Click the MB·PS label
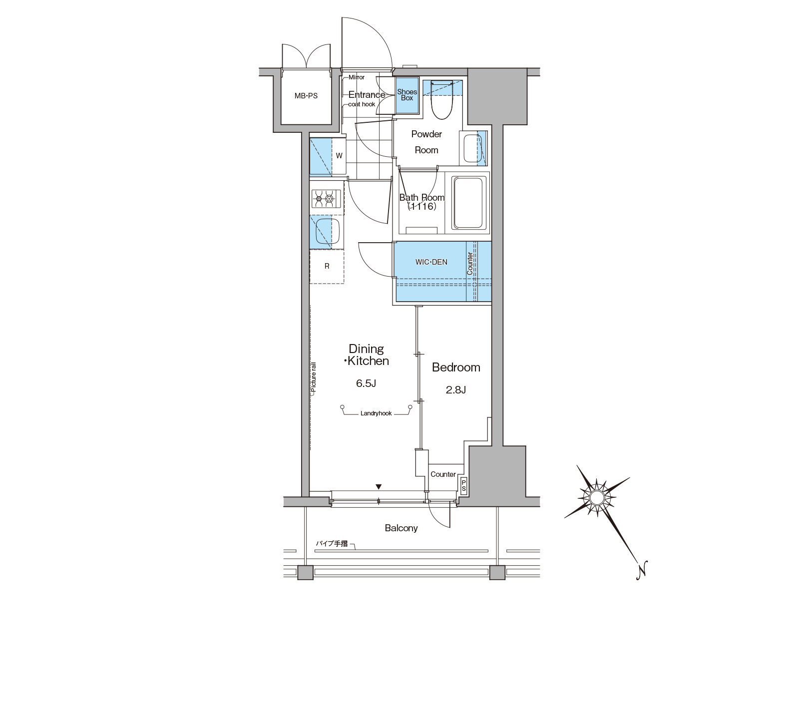(x=306, y=96)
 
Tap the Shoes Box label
(x=407, y=95)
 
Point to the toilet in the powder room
(x=441, y=99)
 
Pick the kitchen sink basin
(x=328, y=231)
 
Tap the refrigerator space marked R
(x=327, y=267)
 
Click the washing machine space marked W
(x=339, y=156)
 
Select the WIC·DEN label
(x=431, y=262)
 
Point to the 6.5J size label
(x=366, y=383)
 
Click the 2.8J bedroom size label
(x=456, y=390)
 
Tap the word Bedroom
(x=456, y=367)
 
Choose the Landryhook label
(x=376, y=414)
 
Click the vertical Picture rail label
(x=314, y=379)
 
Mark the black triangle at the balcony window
(x=379, y=487)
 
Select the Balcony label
(x=401, y=528)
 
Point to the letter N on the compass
(x=642, y=569)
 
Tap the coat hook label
(x=362, y=104)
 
